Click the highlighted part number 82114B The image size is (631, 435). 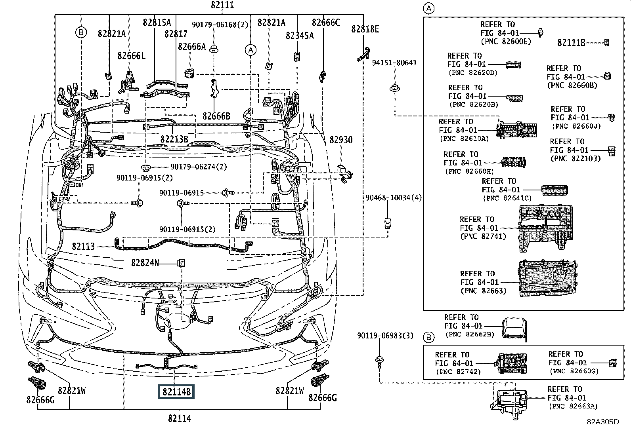pos(176,392)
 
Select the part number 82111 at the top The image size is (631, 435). pos(222,5)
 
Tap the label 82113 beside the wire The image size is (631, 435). pos(83,246)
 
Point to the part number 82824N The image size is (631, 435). pos(145,263)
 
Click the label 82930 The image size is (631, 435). pos(341,140)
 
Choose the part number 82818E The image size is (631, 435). pos(365,29)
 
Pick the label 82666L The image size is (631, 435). pos(131,56)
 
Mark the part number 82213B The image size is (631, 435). pos(174,139)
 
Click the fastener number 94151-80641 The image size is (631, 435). pos(394,63)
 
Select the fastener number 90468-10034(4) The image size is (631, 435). pos(388,197)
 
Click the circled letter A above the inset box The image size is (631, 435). pos(429,8)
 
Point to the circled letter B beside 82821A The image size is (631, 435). pos(81,32)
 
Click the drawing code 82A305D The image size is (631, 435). pos(602,422)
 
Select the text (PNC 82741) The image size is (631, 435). pos(483,236)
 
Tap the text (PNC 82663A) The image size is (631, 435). pos(573,406)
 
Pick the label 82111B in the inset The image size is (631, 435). pos(571,43)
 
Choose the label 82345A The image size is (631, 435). pos(299,36)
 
